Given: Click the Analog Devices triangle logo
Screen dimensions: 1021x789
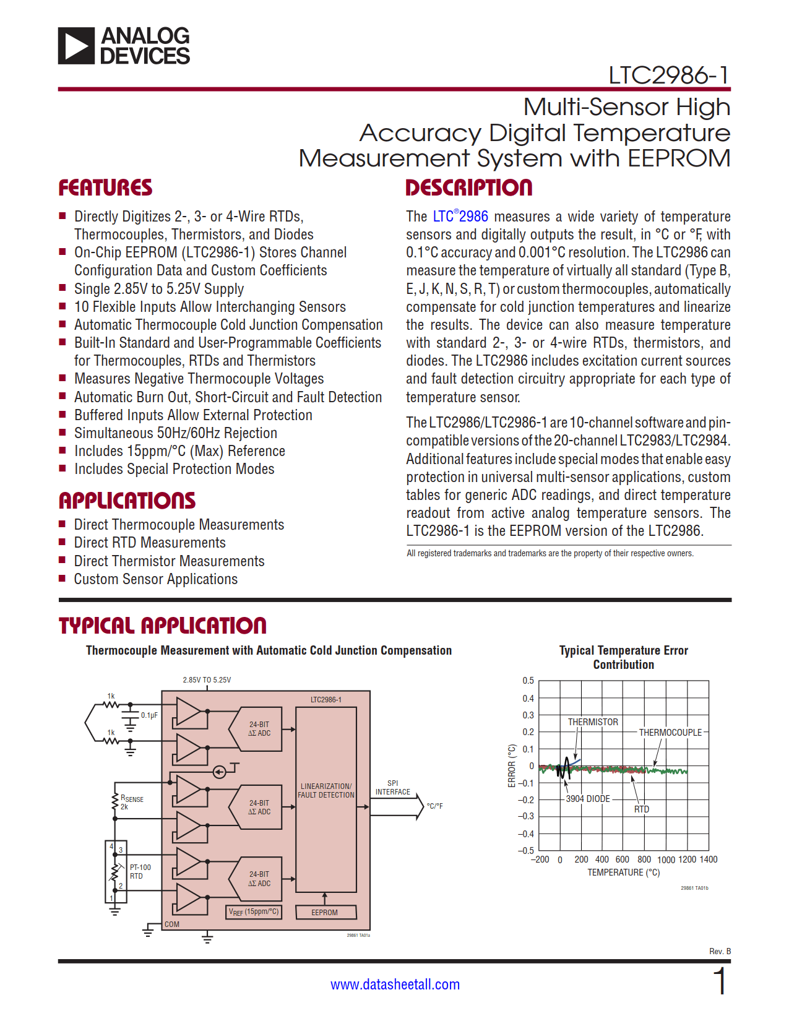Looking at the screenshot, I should pyautogui.click(x=77, y=46).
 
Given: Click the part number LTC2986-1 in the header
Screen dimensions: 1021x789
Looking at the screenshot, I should pyautogui.click(x=668, y=75).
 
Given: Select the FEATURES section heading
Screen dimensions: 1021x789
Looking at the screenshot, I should pyautogui.click(x=105, y=188).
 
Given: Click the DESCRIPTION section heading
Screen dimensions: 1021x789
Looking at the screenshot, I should pyautogui.click(x=468, y=188).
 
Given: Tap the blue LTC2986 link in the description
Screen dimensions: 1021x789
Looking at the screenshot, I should pyautogui.click(x=460, y=217).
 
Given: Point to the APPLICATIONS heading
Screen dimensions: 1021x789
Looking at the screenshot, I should pyautogui.click(x=127, y=501).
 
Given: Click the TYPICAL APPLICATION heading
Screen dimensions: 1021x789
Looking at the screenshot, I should pyautogui.click(x=162, y=626).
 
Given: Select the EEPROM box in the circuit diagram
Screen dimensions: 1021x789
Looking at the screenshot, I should pyautogui.click(x=325, y=912).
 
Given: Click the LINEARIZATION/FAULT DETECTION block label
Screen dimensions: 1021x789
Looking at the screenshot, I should pyautogui.click(x=326, y=791).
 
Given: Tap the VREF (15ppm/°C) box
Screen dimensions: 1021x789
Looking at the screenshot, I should pyautogui.click(x=254, y=911).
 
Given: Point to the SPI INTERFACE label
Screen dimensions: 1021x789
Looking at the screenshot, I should pyautogui.click(x=392, y=788).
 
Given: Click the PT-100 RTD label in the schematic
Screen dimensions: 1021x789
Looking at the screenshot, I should pyautogui.click(x=140, y=872).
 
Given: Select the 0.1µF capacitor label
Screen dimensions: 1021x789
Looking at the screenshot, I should pyautogui.click(x=149, y=715).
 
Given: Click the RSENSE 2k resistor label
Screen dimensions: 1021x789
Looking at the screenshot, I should pyautogui.click(x=131, y=803).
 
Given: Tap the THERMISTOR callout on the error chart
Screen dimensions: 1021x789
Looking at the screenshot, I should pyautogui.click(x=593, y=722).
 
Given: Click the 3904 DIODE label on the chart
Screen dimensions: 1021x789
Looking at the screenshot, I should pyautogui.click(x=588, y=799).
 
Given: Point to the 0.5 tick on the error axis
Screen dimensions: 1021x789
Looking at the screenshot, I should pyautogui.click(x=528, y=681).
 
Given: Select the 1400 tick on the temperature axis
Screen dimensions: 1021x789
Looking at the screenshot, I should pyautogui.click(x=708, y=859).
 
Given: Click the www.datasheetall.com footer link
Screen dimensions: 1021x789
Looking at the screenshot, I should pyautogui.click(x=395, y=984).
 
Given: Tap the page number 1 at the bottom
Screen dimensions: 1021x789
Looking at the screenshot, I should pyautogui.click(x=720, y=982).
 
